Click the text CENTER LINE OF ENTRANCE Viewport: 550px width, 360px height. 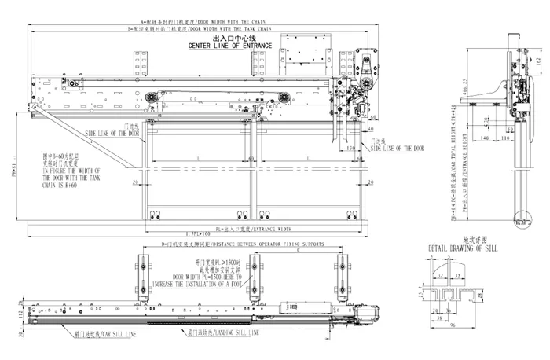(x=229, y=46)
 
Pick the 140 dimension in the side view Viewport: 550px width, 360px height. (x=483, y=138)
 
